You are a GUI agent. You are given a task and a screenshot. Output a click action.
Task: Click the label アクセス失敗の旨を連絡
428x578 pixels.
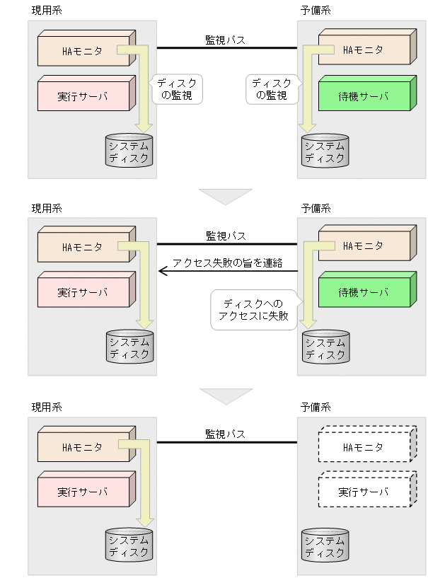tap(227, 262)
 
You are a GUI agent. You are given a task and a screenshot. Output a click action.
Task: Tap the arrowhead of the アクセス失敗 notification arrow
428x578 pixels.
tap(162, 270)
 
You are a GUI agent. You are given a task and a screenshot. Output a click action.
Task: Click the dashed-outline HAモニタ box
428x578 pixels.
tap(364, 447)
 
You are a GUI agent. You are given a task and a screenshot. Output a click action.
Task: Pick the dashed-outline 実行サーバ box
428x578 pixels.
tap(364, 492)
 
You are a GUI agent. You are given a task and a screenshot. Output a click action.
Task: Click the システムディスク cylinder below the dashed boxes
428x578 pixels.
tap(325, 545)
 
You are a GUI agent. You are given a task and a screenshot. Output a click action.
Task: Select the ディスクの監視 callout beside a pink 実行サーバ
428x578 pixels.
tap(177, 89)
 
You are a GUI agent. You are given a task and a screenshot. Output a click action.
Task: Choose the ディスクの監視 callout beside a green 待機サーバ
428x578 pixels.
tap(272, 89)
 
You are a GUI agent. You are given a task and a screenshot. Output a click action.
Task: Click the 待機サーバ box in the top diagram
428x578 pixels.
tap(364, 96)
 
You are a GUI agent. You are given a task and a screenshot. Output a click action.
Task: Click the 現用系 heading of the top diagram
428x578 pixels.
tap(47, 11)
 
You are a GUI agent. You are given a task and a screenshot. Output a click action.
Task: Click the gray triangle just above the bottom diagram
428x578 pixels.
tap(225, 395)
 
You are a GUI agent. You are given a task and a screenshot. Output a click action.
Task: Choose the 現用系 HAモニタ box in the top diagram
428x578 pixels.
tap(83, 50)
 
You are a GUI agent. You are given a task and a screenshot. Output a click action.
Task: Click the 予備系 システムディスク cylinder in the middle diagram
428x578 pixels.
tap(325, 347)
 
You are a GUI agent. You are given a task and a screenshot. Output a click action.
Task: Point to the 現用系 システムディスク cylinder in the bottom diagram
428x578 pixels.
tap(129, 545)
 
